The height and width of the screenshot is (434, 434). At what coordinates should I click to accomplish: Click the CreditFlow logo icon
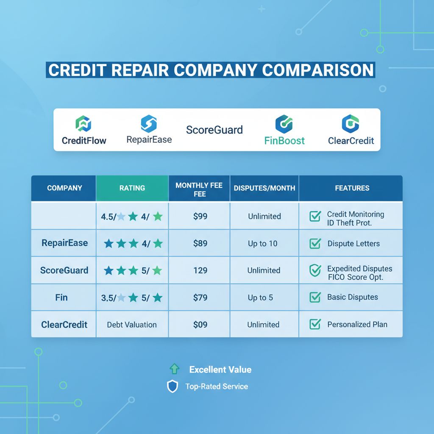point(83,124)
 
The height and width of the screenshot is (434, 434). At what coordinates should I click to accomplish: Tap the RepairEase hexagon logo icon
point(149,123)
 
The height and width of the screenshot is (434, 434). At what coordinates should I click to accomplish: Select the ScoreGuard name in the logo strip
point(214,130)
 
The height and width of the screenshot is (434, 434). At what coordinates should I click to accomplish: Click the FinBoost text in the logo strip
point(284,140)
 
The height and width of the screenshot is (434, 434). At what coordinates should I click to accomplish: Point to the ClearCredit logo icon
point(351,123)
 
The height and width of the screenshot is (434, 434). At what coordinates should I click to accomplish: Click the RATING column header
point(132,188)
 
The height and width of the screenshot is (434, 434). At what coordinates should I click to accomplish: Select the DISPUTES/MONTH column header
point(264,188)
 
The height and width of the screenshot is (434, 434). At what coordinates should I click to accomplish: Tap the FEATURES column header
point(352,188)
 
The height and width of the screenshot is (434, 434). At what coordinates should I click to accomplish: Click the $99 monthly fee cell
point(200,216)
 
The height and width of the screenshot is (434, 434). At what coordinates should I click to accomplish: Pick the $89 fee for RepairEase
point(200,243)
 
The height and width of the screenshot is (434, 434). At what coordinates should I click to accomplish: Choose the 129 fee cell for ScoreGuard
point(200,270)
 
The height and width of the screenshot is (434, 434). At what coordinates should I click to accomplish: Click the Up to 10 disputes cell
point(263,244)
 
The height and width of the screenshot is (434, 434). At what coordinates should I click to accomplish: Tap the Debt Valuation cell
point(132,325)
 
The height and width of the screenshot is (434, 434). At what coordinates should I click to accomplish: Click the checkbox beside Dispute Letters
point(315,243)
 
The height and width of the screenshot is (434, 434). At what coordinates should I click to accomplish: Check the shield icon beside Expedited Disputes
point(315,270)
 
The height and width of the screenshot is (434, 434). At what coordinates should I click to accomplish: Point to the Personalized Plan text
point(357,325)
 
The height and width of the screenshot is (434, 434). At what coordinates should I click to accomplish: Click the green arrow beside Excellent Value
point(174,370)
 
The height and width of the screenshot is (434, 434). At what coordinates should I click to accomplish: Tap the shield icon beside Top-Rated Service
point(172,387)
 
